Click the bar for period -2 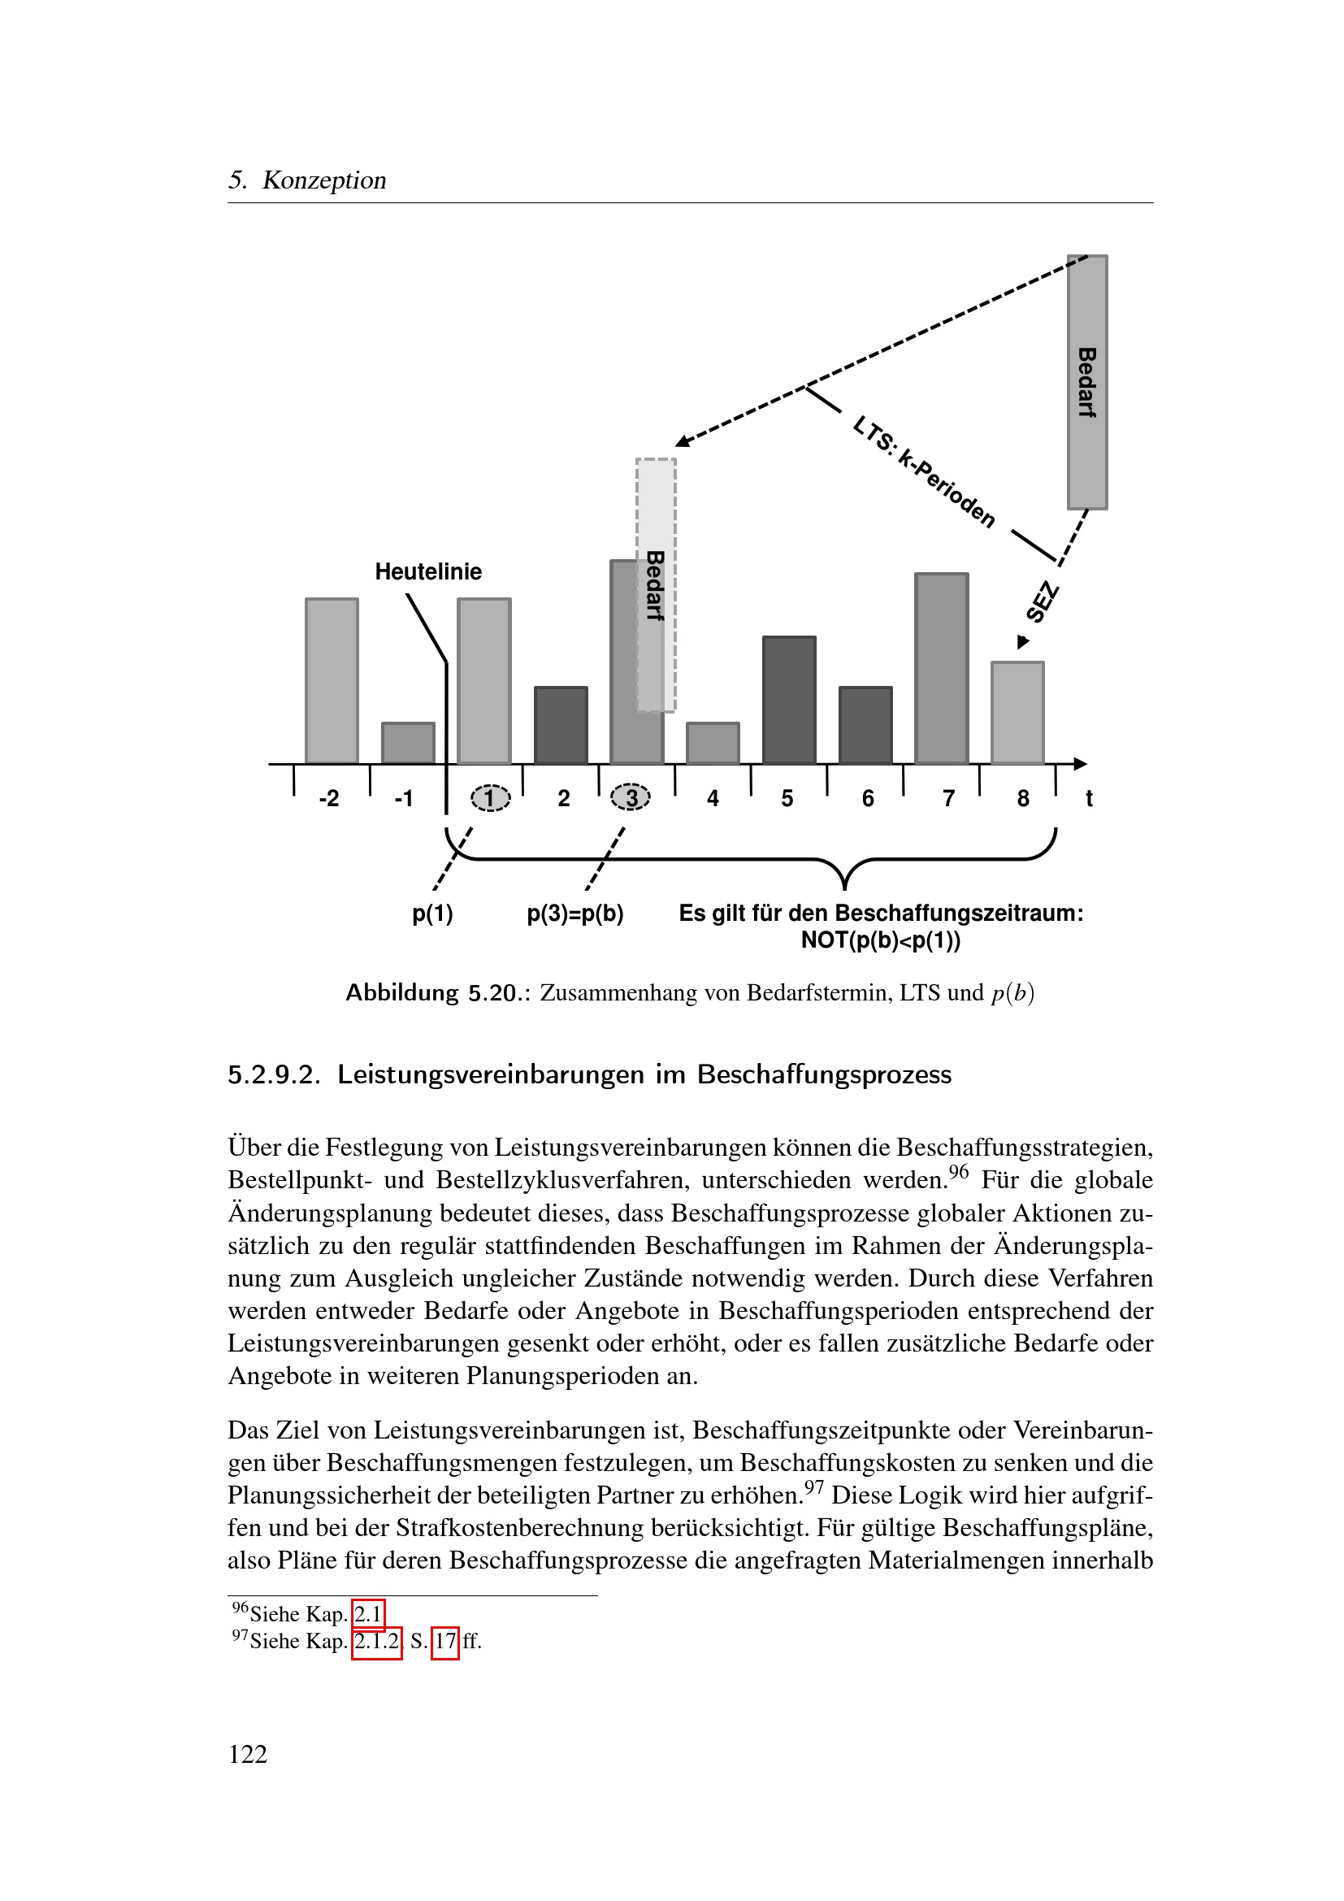[332, 680]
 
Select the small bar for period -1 [408, 744]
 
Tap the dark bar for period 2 [561, 725]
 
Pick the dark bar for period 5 [789, 701]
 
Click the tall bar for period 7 [941, 668]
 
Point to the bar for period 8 [1017, 713]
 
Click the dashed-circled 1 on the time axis [491, 798]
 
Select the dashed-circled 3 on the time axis [631, 798]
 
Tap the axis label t [1089, 798]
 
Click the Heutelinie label [428, 571]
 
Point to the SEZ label [1042, 602]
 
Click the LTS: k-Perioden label [925, 472]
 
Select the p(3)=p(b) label [575, 914]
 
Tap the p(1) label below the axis [433, 914]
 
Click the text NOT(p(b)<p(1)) [881, 940]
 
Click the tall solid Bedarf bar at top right [1086, 382]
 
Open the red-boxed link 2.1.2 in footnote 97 [376, 1641]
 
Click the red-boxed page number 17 [445, 1641]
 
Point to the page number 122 [248, 1754]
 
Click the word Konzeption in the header [324, 180]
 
